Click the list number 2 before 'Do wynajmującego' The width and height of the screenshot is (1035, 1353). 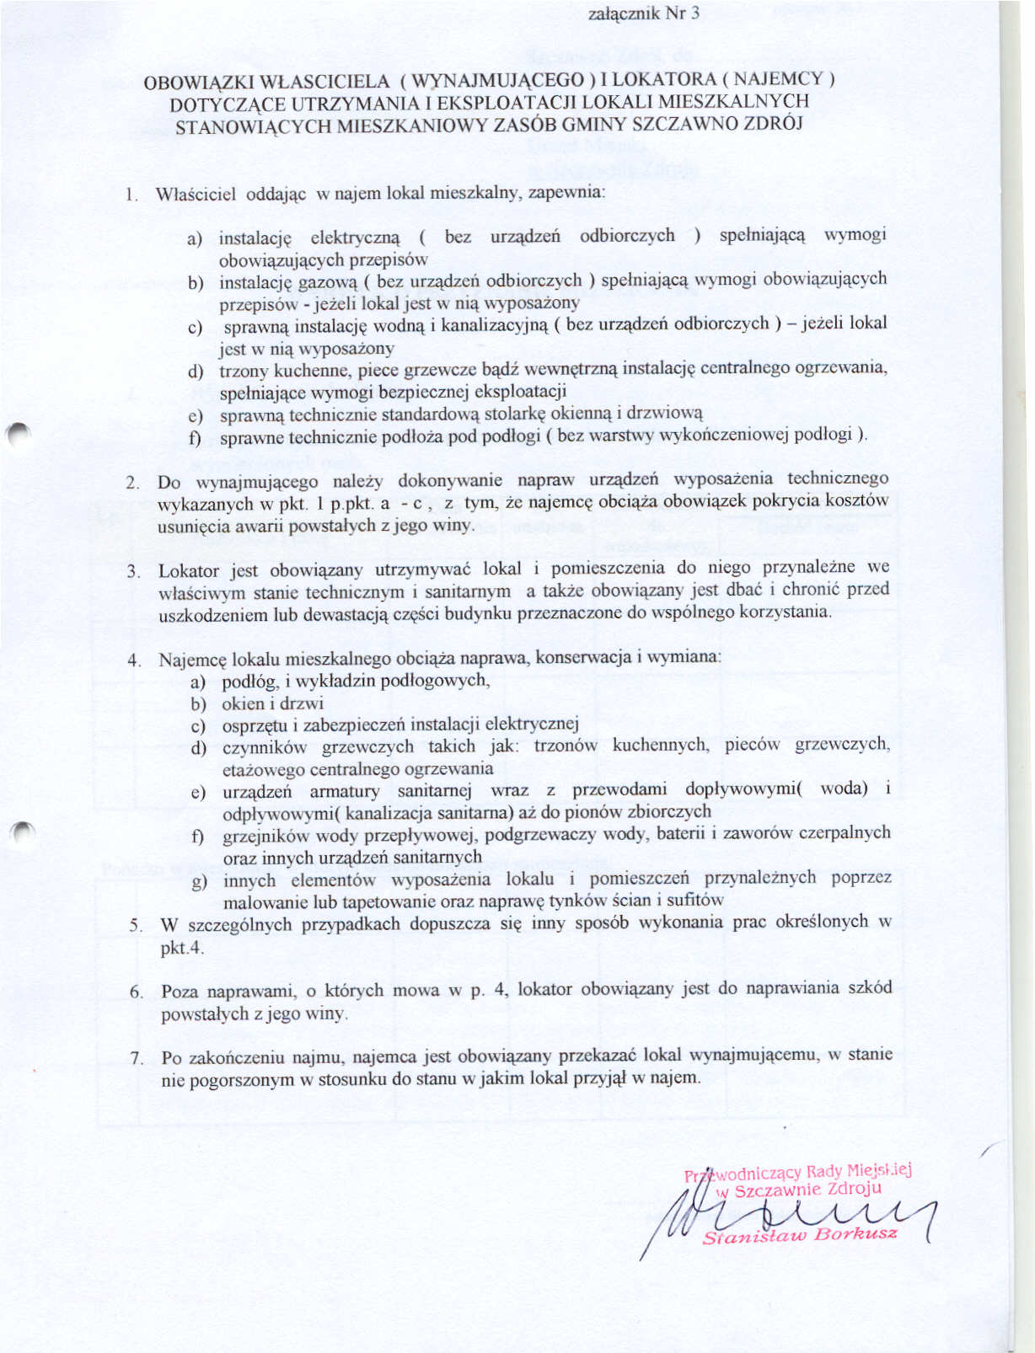[x=132, y=483]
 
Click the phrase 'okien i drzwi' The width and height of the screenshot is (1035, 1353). [x=272, y=703]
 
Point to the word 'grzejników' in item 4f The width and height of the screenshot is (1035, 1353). [x=264, y=836]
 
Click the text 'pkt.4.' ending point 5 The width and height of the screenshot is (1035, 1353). [x=182, y=948]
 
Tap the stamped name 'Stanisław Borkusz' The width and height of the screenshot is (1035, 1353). [x=800, y=1236]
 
